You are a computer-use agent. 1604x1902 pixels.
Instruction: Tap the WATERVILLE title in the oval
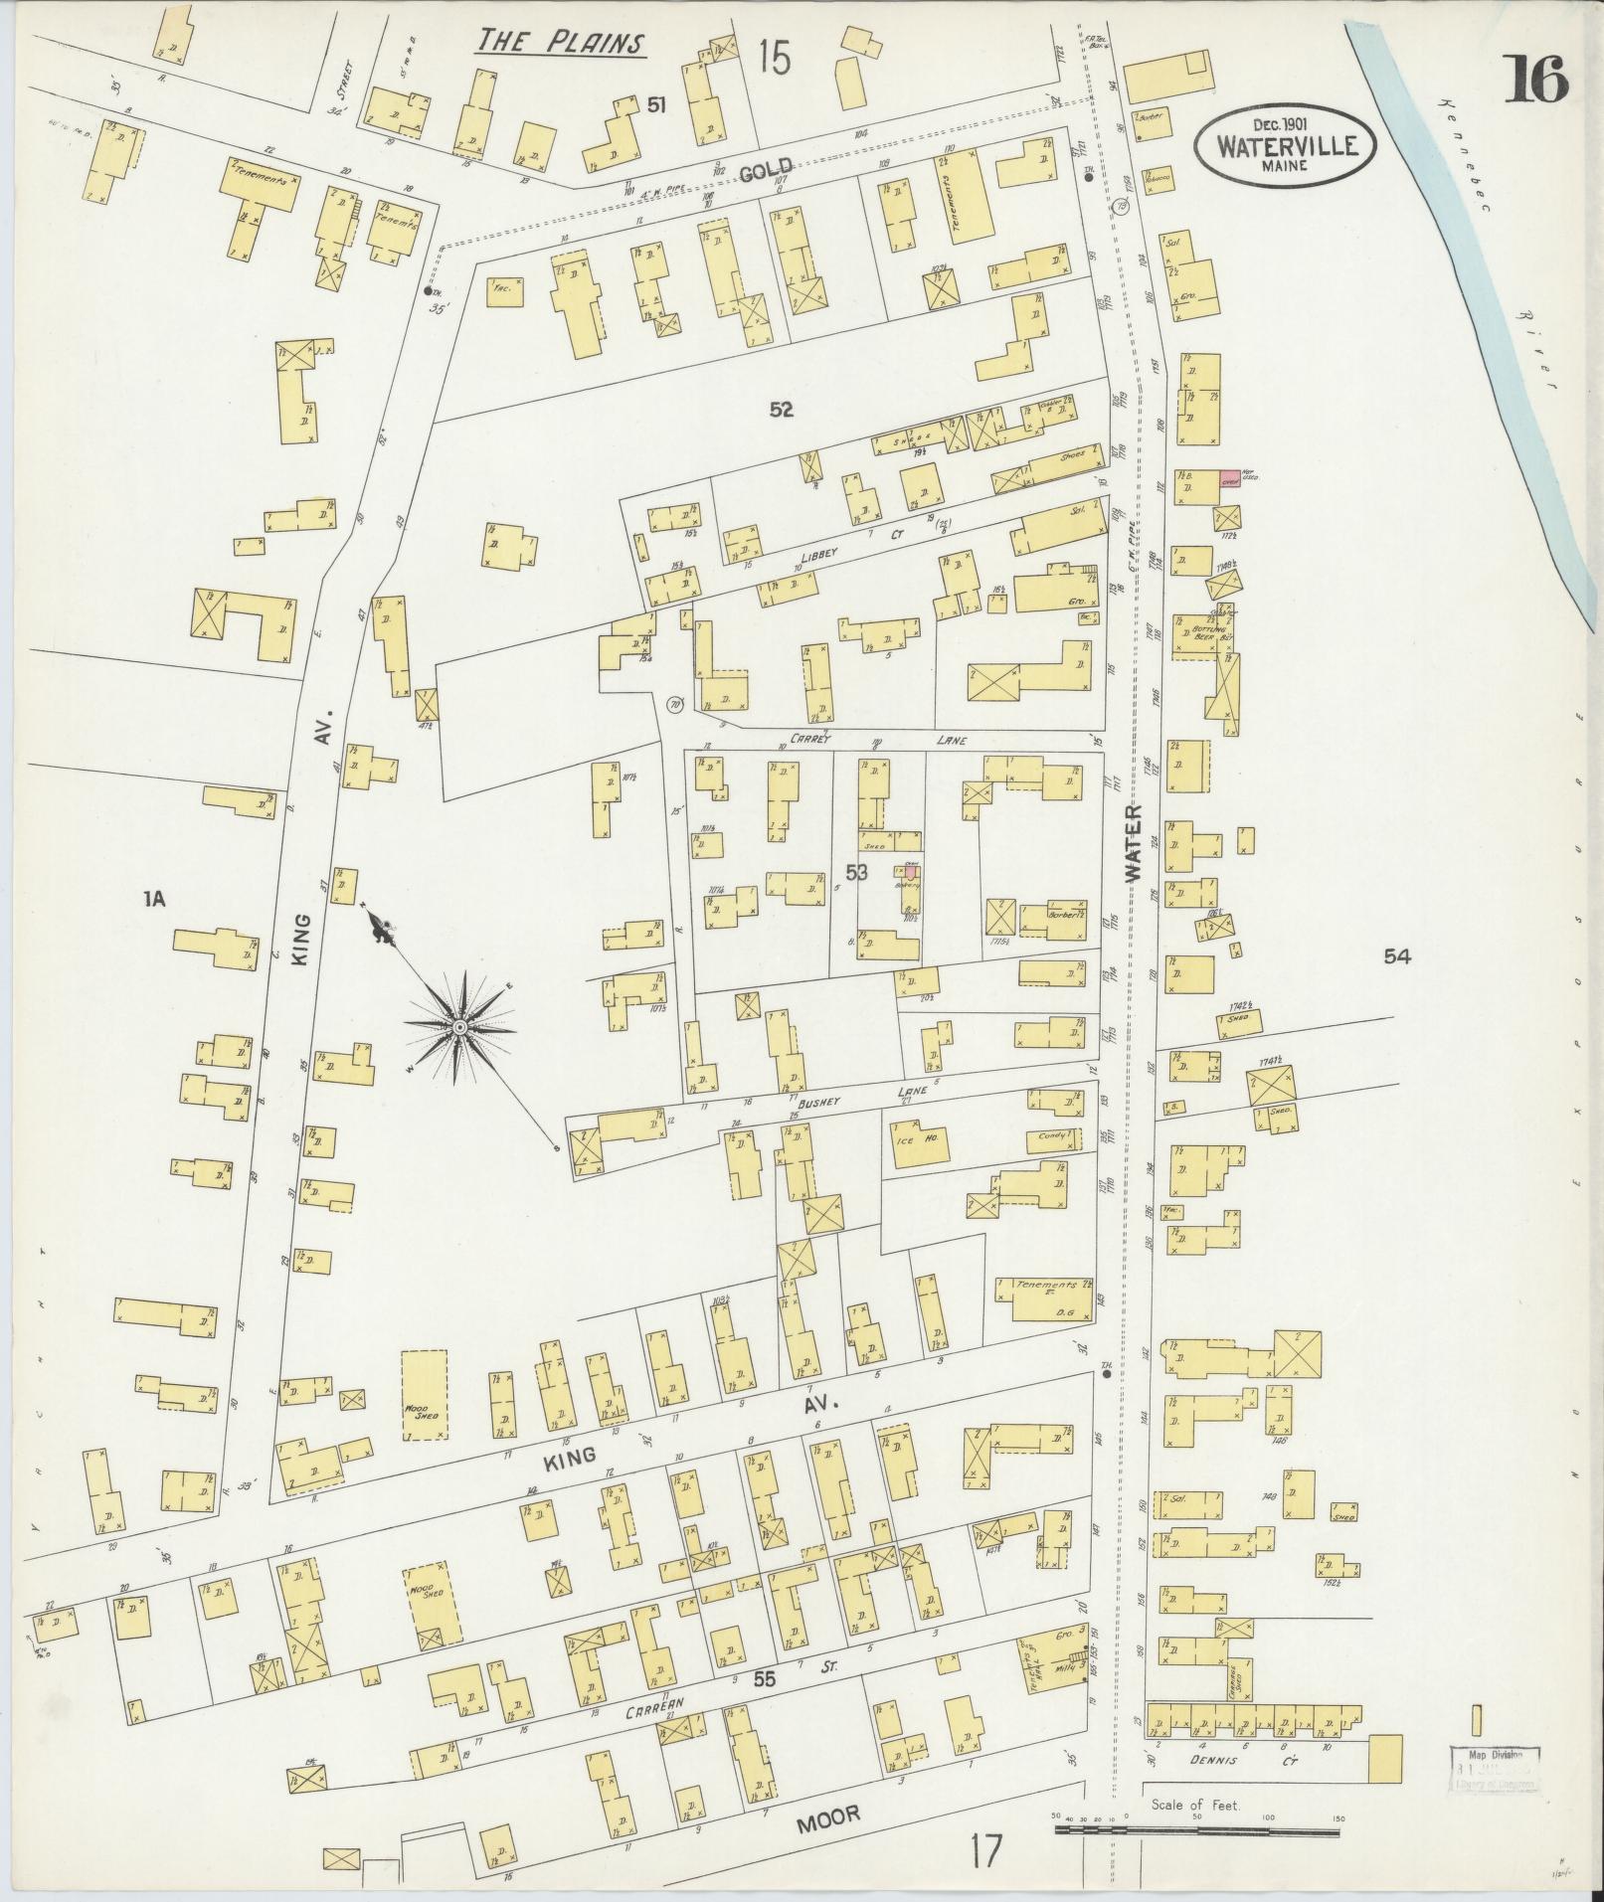(1287, 145)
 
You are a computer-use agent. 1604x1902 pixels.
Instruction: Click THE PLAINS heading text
(560, 43)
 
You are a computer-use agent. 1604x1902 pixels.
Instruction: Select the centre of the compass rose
(460, 1026)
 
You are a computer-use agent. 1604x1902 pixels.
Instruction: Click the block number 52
(781, 408)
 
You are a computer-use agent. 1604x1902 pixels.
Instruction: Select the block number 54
(1397, 956)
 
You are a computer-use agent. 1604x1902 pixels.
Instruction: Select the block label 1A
(153, 900)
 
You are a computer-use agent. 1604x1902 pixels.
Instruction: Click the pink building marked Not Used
(1231, 478)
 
